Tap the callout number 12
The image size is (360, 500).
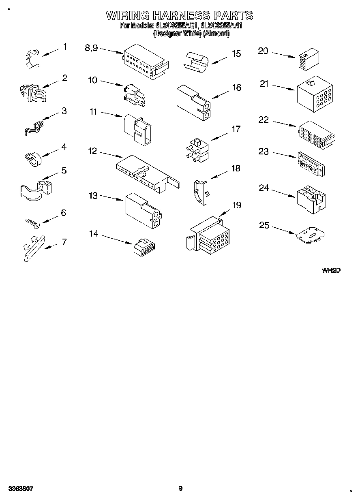coord(92,151)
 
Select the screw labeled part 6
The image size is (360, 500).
coord(31,222)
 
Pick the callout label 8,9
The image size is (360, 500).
coord(91,48)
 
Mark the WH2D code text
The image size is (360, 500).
coord(331,270)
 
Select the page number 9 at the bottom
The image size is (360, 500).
coord(180,489)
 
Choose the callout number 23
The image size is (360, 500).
coord(264,152)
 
